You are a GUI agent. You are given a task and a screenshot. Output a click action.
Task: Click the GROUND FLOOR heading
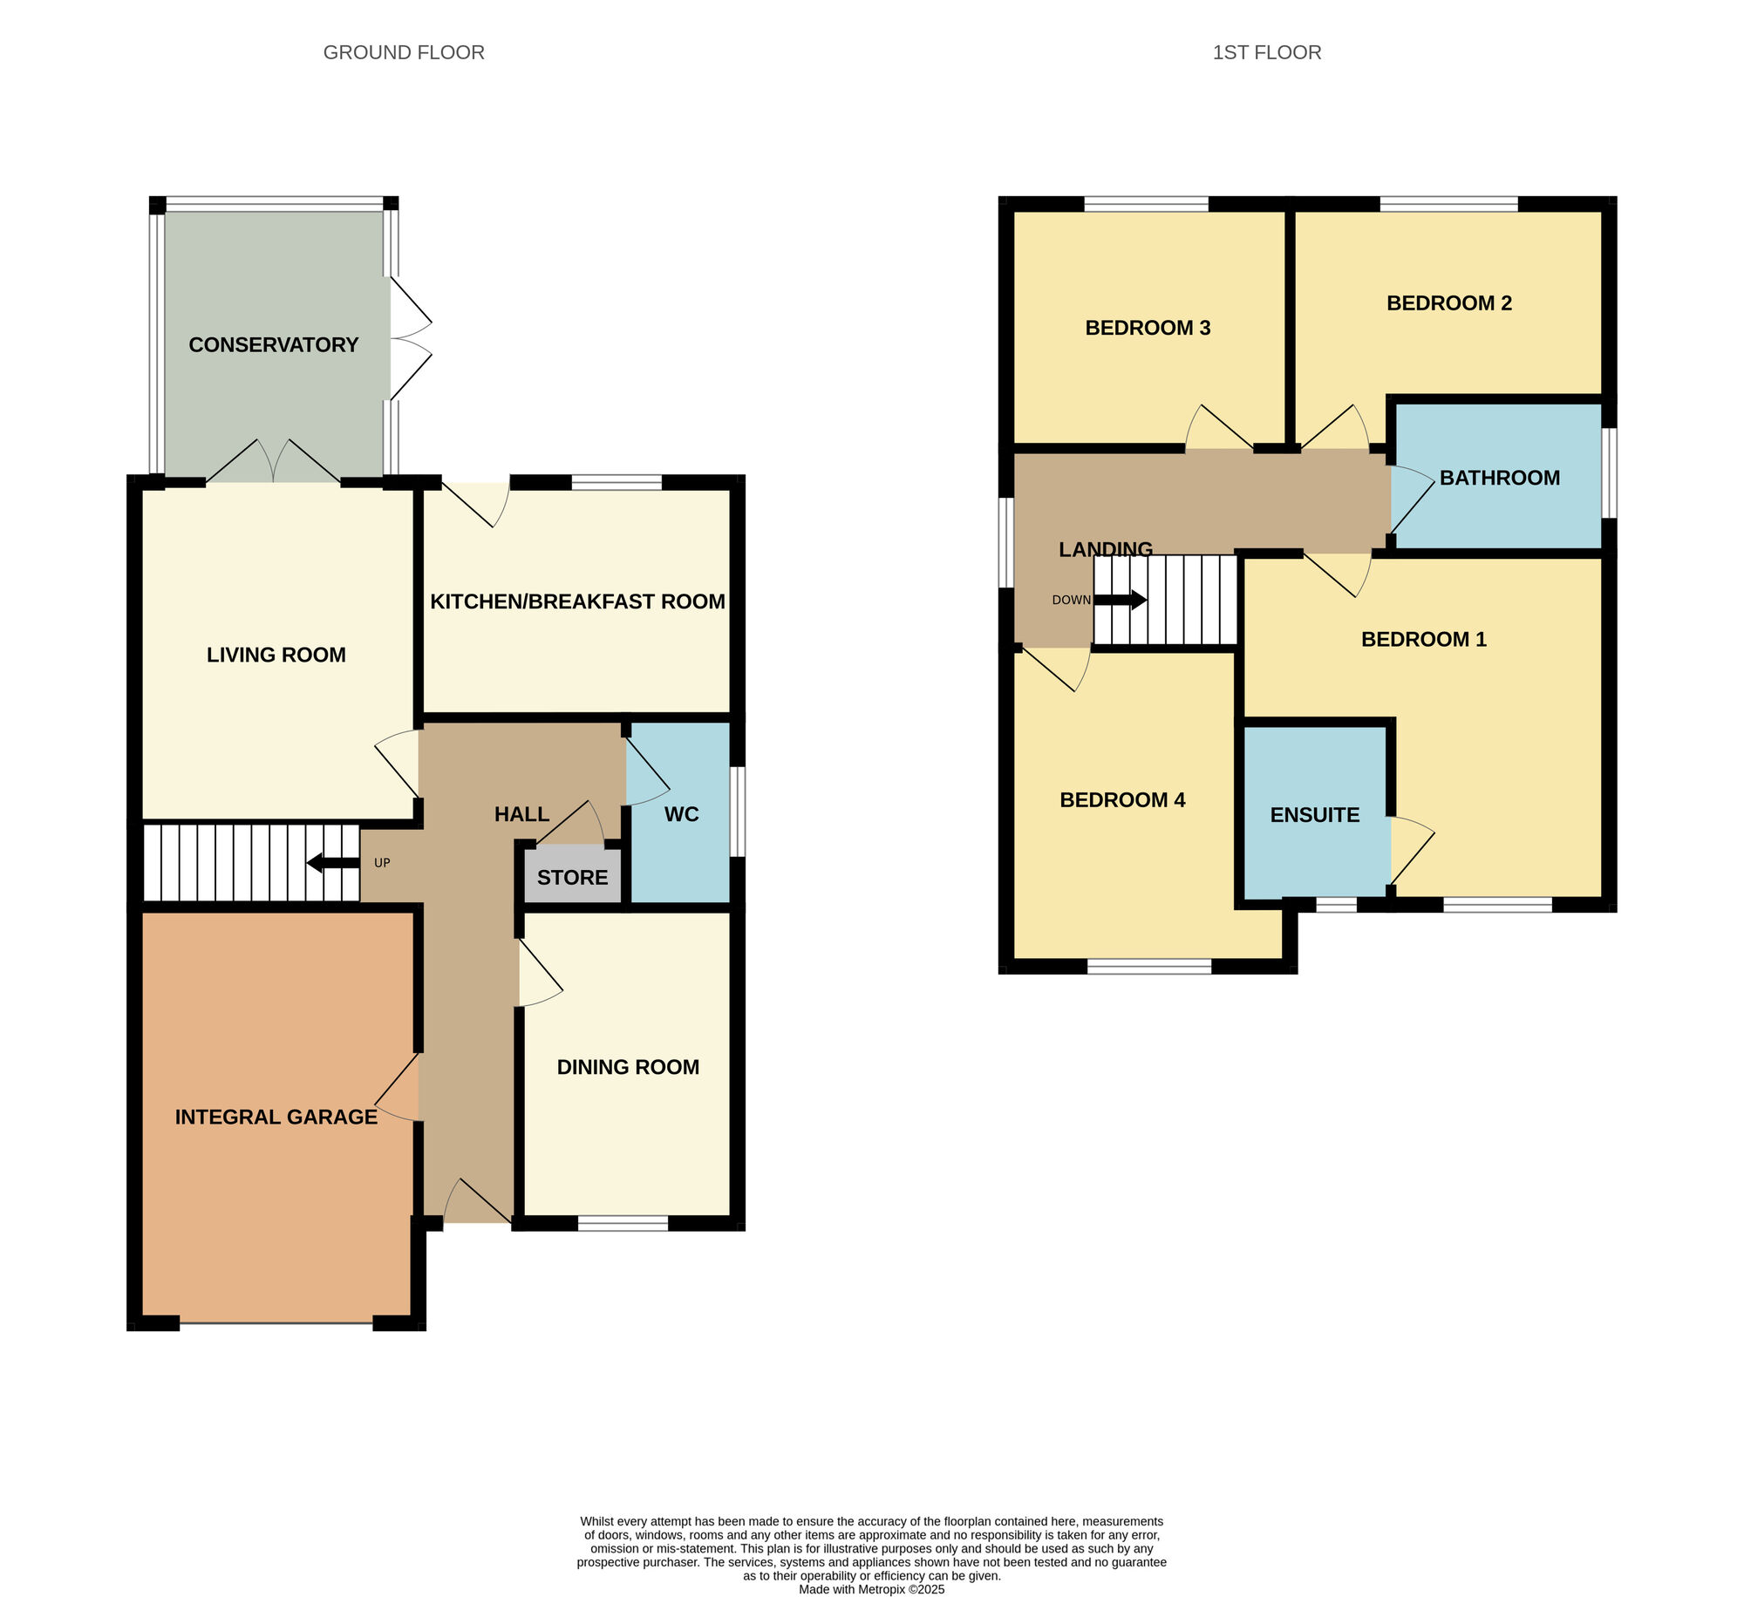[x=404, y=52]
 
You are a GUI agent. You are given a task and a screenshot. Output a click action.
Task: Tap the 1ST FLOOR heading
[x=1266, y=52]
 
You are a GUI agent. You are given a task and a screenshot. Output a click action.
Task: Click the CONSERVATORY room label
[x=274, y=345]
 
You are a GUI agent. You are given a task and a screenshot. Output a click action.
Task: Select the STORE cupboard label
[x=572, y=878]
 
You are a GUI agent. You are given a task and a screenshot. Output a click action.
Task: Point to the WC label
[x=681, y=814]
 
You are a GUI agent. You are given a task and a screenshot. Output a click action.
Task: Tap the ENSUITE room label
[x=1314, y=815]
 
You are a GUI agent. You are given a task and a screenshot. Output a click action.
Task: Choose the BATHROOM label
[x=1499, y=478]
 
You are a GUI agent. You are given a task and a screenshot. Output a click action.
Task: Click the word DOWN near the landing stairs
[x=1071, y=600]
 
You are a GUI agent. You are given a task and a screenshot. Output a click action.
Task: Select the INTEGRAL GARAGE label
[x=276, y=1117]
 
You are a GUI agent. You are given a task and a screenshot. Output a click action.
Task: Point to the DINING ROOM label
[x=628, y=1067]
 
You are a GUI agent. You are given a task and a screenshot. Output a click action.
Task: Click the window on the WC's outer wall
[x=738, y=812]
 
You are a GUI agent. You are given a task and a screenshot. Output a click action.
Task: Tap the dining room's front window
[x=623, y=1223]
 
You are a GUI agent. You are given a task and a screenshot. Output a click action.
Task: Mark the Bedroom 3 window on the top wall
[x=1146, y=205]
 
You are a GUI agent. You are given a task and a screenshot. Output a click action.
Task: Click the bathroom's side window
[x=1610, y=472]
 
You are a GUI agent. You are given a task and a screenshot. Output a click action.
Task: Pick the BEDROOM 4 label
[x=1122, y=800]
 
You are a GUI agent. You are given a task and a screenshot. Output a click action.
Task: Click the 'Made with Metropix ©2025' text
[x=871, y=1589]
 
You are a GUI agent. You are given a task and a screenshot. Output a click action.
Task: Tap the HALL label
[x=521, y=814]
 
